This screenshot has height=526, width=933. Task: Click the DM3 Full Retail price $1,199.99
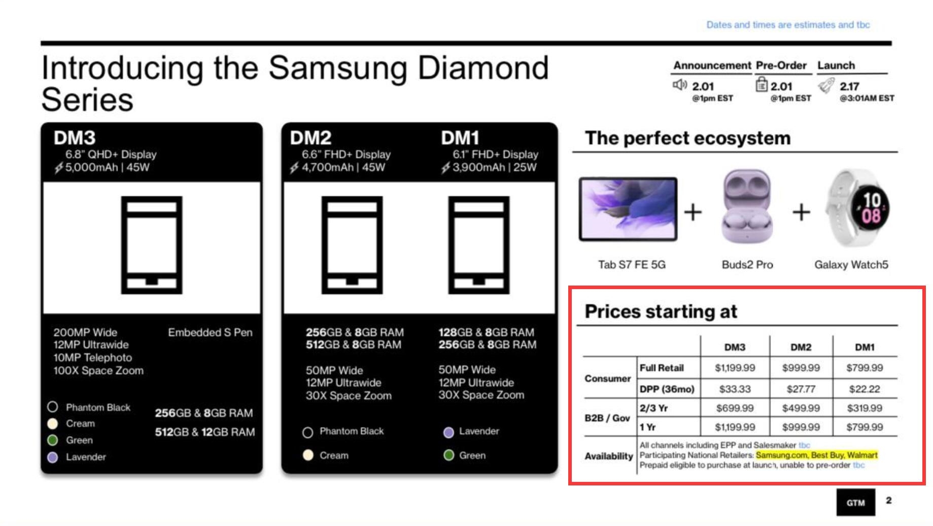[735, 368]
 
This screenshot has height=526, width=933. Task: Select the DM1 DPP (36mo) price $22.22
[865, 389]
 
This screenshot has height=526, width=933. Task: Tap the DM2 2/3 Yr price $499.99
[801, 408]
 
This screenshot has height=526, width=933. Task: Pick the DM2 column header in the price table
[801, 347]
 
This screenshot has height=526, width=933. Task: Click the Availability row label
[608, 456]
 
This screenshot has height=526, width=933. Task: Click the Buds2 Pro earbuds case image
[747, 207]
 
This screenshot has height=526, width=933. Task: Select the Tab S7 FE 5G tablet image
[628, 209]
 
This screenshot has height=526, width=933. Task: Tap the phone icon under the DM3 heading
[151, 245]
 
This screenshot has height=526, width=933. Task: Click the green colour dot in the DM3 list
[52, 440]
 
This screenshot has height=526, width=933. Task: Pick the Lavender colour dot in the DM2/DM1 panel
[448, 432]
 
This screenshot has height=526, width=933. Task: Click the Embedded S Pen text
[210, 332]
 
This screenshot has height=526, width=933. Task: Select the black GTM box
[855, 502]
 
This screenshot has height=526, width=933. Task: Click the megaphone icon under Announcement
[679, 85]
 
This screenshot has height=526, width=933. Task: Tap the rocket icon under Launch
[826, 85]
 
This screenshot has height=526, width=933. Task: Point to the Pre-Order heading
[781, 65]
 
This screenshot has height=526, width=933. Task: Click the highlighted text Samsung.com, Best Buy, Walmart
[816, 455]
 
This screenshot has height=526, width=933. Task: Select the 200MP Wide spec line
[85, 332]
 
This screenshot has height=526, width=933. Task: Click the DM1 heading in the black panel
[460, 137]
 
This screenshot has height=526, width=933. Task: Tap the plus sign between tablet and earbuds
[693, 212]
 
